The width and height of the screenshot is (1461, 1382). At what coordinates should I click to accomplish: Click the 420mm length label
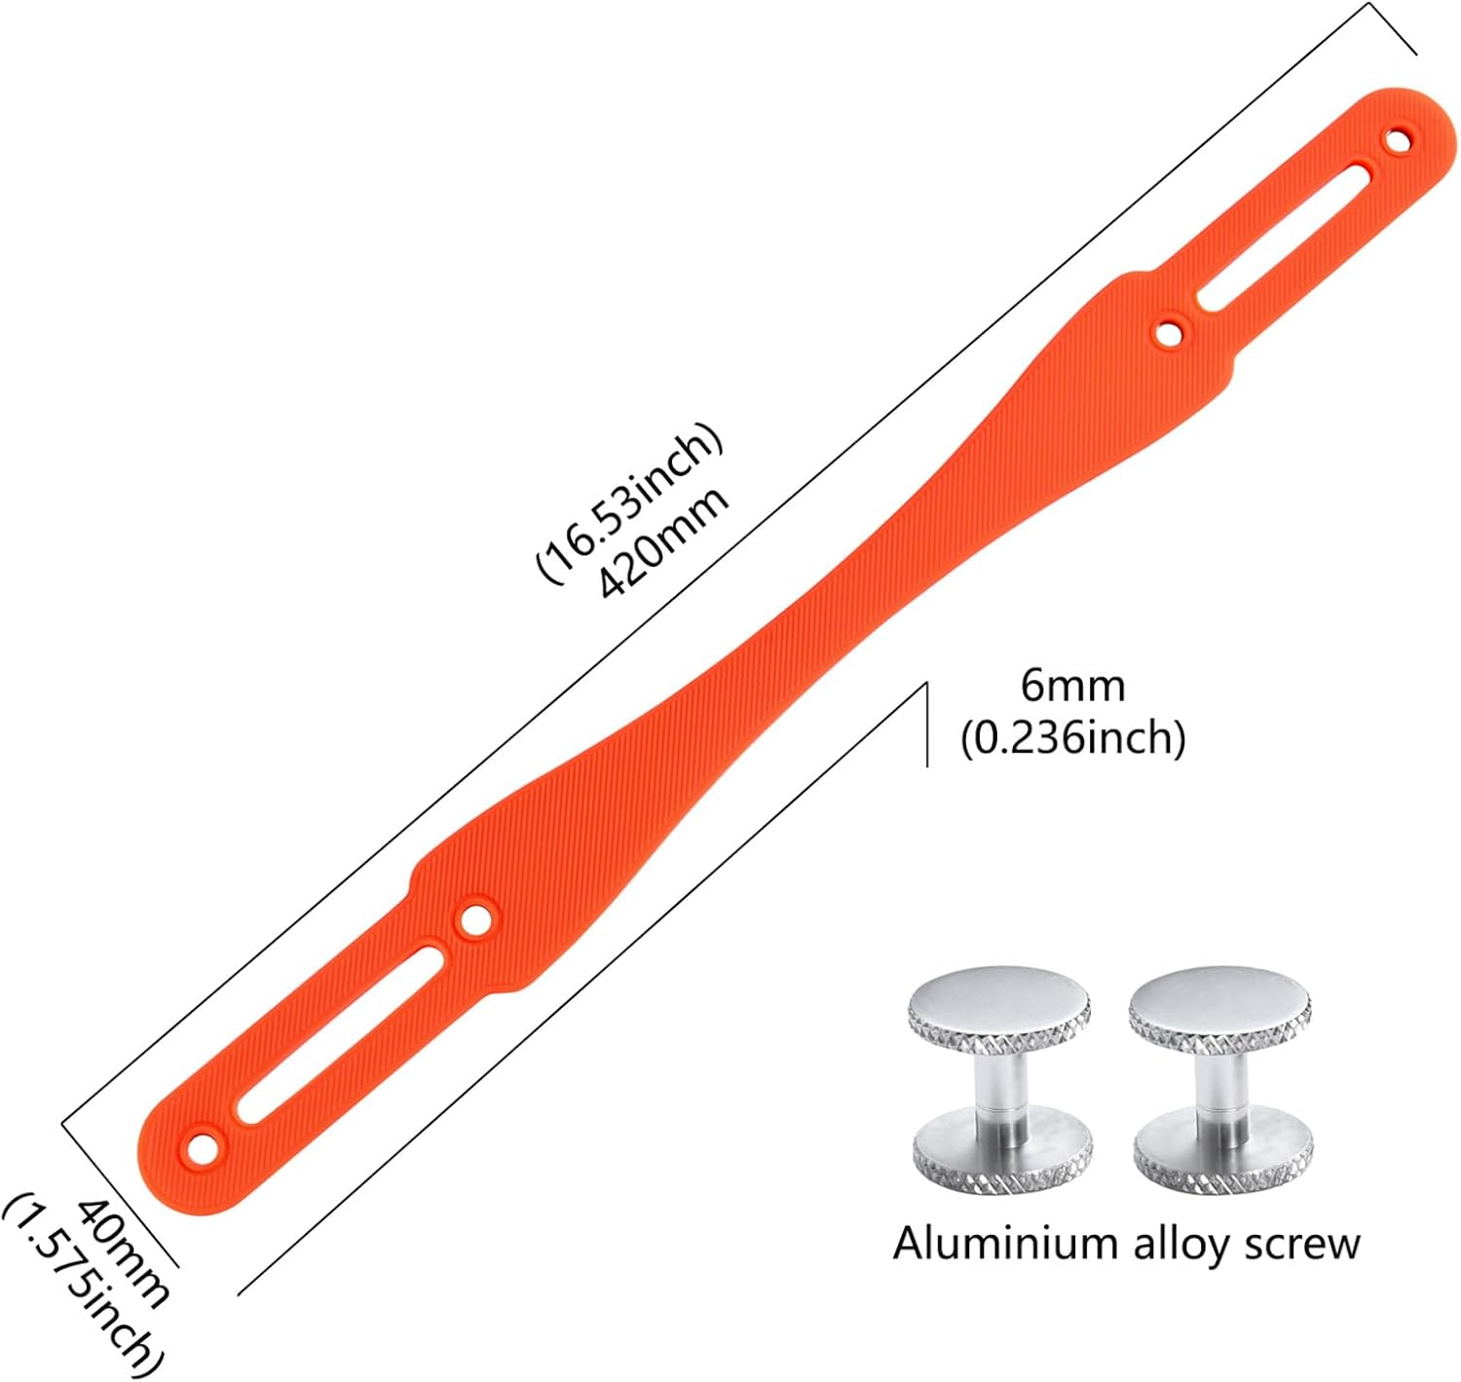click(x=663, y=543)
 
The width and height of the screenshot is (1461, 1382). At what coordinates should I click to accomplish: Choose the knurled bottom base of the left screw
click(x=1002, y=1154)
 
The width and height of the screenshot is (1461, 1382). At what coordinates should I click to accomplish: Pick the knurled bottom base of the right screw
click(x=1223, y=1154)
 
